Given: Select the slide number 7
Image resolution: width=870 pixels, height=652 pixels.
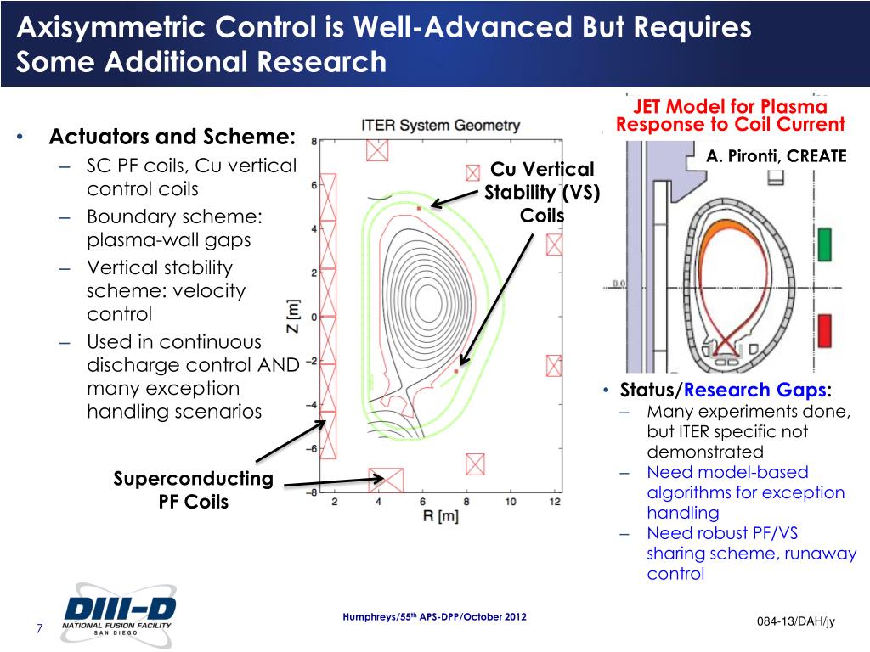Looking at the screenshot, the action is point(39,629).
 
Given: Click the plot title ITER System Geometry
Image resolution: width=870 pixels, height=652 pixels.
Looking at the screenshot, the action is point(440,125).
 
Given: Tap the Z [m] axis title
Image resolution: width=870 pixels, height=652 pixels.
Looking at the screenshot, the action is point(292,317).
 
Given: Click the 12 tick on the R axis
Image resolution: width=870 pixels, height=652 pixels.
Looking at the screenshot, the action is point(555,502).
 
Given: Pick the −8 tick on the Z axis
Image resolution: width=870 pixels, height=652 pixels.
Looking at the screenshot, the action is point(311,492).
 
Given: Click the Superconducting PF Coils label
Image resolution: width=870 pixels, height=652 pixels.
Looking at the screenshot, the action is point(194,490).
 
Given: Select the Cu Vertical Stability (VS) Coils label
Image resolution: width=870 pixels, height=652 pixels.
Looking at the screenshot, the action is point(542,193).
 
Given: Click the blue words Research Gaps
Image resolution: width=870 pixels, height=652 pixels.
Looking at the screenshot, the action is point(756,391).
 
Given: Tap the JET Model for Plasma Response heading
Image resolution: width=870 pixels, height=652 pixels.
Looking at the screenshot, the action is point(730,115).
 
